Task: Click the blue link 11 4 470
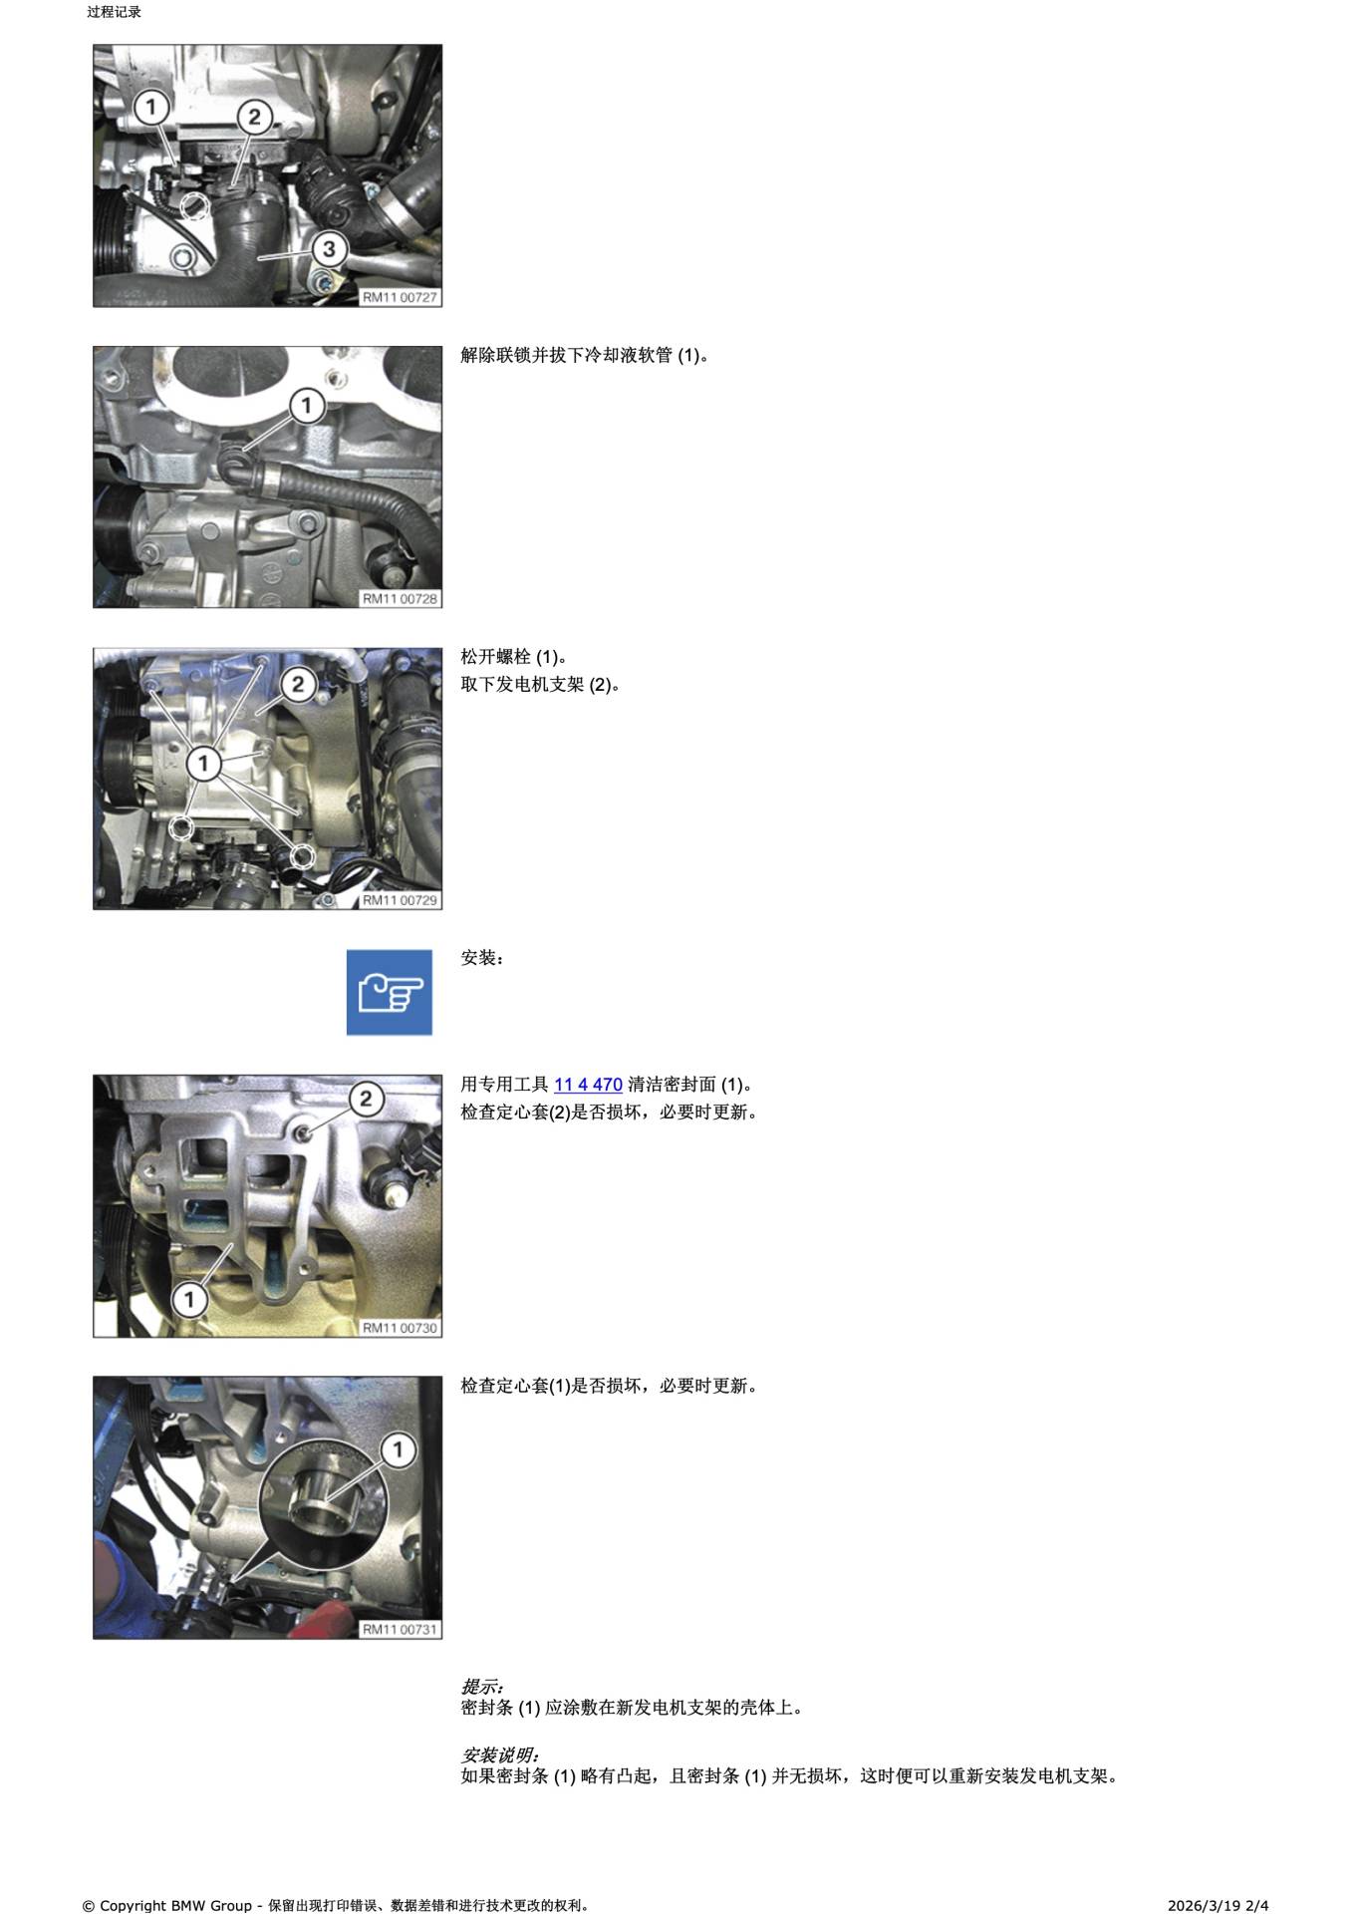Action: click(588, 1085)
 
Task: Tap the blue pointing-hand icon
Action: click(390, 992)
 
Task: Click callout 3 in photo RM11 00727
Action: click(330, 249)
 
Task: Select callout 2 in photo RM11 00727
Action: click(254, 118)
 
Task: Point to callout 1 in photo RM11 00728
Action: click(307, 406)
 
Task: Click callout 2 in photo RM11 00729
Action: click(298, 685)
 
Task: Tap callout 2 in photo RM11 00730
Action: click(367, 1099)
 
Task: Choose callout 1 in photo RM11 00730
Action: click(189, 1299)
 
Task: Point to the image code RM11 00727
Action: click(400, 297)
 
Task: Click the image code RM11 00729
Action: click(400, 900)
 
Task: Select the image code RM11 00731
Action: click(400, 1630)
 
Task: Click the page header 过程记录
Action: click(114, 13)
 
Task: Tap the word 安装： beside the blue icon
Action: click(483, 958)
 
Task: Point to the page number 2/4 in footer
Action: click(1257, 1905)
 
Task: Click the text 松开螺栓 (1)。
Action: click(514, 657)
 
